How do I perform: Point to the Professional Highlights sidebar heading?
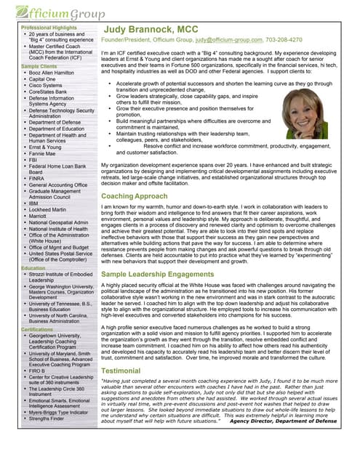point(49,27)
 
